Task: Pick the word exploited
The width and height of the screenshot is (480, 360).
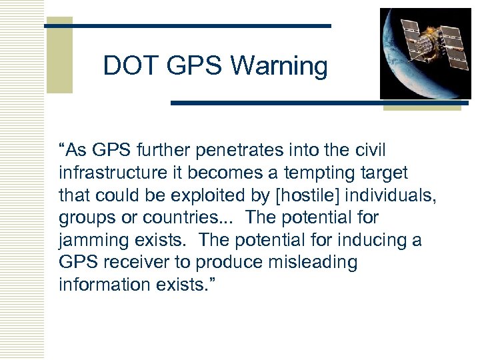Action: (x=203, y=195)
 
